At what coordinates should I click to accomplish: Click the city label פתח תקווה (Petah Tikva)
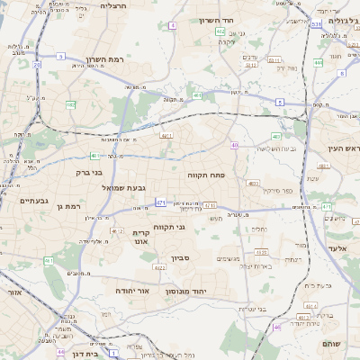(x=206, y=175)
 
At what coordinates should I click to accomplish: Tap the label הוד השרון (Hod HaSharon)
(x=217, y=19)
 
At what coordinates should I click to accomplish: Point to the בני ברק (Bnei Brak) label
(x=86, y=170)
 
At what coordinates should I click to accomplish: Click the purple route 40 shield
(x=234, y=145)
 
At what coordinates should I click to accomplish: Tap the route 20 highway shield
(x=38, y=65)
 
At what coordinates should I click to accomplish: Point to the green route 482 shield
(x=70, y=104)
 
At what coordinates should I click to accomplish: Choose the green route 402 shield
(x=220, y=31)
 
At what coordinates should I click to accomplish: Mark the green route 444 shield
(x=319, y=63)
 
